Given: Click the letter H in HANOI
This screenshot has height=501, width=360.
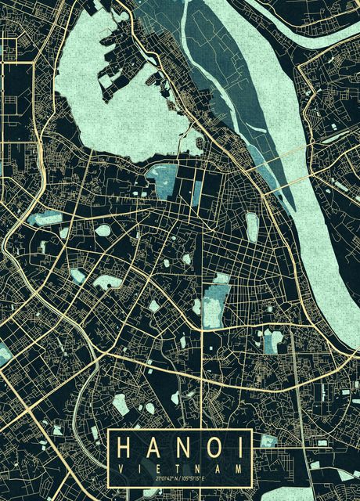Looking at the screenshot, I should click(x=124, y=448).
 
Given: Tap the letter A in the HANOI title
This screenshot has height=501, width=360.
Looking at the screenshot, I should click(x=152, y=448).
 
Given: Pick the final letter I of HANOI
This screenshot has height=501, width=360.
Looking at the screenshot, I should click(x=234, y=448).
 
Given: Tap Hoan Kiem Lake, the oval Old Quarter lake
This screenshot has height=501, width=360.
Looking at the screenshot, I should click(x=252, y=227).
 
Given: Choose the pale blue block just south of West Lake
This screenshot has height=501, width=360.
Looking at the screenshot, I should click(x=166, y=182).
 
